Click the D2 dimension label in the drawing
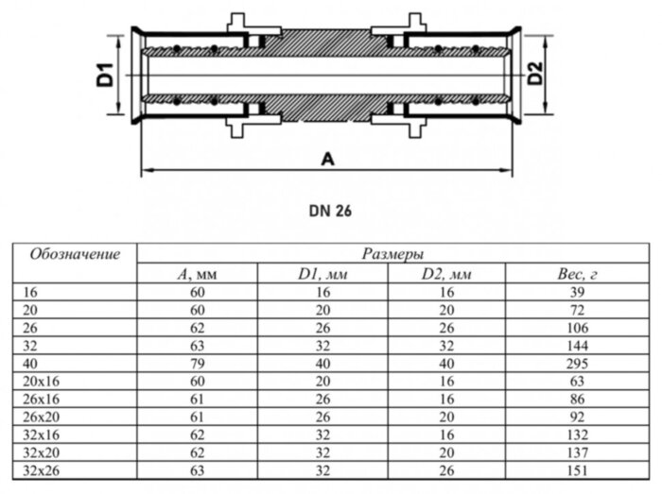click(534, 74)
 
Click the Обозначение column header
click(76, 254)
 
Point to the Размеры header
click(392, 254)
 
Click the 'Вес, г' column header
click(575, 274)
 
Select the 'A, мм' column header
click(198, 274)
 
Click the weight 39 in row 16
click(575, 293)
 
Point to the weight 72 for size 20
click(575, 309)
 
